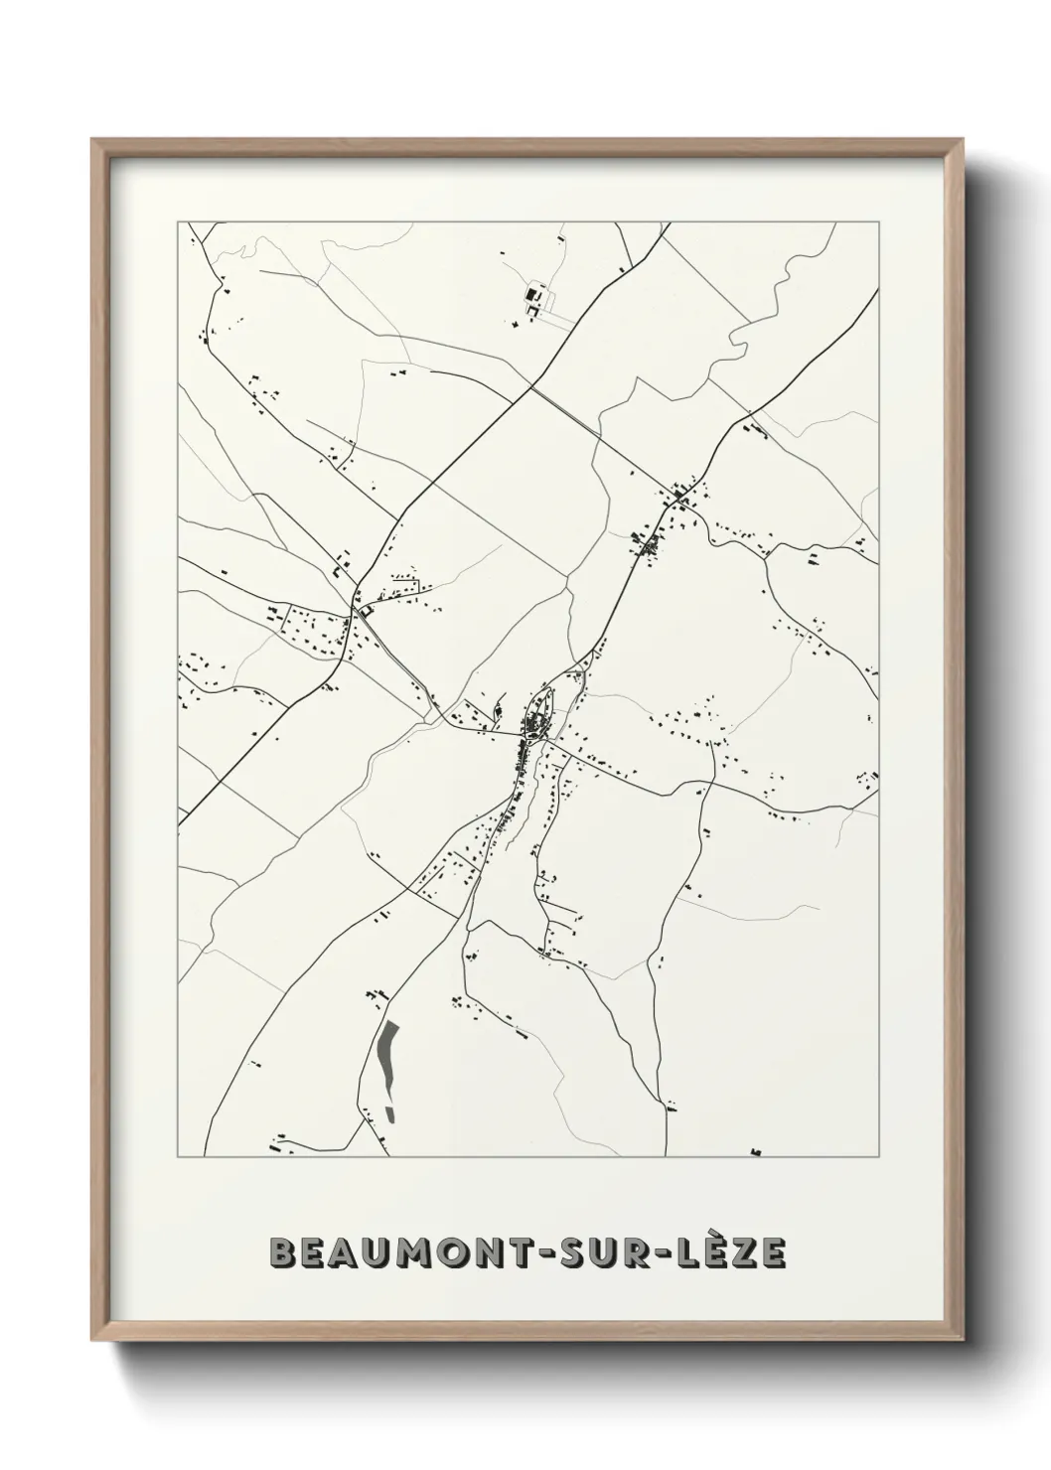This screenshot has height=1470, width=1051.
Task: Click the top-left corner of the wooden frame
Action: (94, 141)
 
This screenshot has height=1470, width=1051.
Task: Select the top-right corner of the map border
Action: (878, 221)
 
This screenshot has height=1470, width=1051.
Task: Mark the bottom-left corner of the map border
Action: (178, 1157)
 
